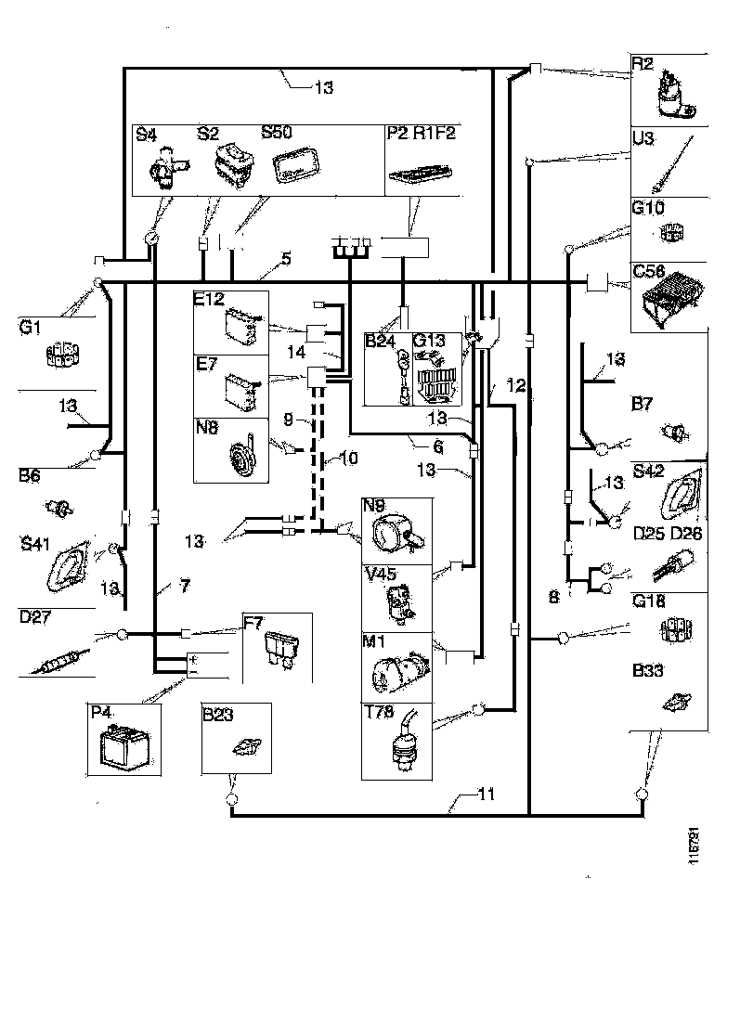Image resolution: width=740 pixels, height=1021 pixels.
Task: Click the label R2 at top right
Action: (643, 64)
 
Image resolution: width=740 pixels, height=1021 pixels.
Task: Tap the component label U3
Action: (643, 138)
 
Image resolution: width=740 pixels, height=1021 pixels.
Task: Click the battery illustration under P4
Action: (122, 743)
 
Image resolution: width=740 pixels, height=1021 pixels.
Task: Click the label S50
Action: (277, 133)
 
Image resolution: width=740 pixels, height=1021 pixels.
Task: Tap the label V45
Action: (380, 574)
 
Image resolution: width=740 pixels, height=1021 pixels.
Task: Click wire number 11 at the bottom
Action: (487, 795)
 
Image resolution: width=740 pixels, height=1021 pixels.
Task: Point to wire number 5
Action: (286, 260)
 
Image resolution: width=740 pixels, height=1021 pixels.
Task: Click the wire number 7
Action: (186, 587)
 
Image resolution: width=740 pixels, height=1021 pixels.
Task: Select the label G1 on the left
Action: (30, 328)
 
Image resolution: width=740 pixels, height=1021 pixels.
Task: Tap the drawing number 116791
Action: (694, 847)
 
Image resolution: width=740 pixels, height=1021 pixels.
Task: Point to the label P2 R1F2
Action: (420, 134)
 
